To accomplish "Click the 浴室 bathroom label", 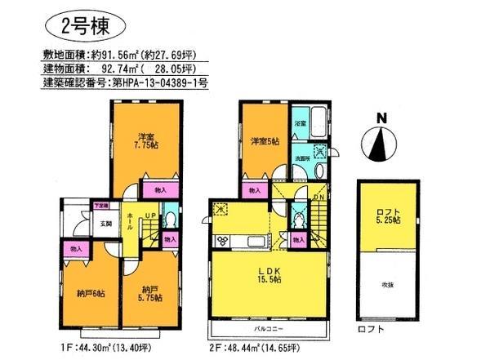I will click(x=300, y=123).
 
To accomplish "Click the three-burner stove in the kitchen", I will click(x=221, y=241).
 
